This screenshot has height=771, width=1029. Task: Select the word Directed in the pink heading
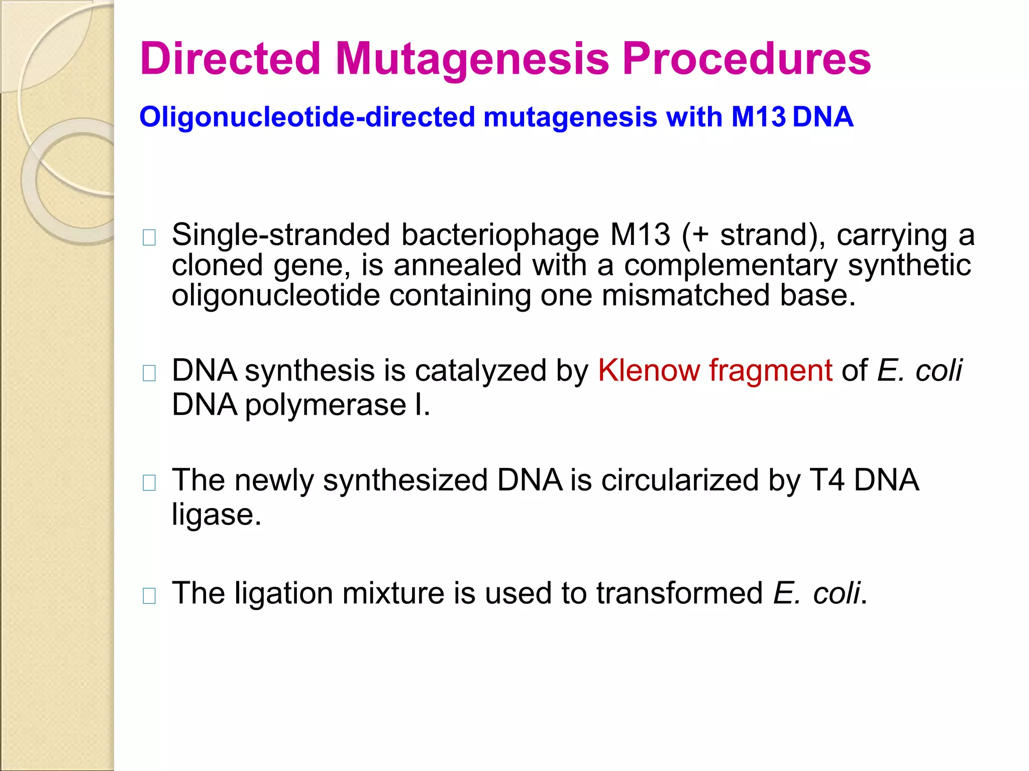[231, 59]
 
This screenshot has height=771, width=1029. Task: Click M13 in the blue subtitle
[758, 117]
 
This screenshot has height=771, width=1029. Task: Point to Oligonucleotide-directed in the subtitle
[307, 117]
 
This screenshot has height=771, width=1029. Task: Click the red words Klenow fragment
[714, 370]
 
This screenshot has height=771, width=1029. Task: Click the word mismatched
[685, 295]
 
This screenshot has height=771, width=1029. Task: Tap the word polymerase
[326, 405]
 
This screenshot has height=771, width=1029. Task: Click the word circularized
[679, 480]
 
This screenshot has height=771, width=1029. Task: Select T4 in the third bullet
[827, 480]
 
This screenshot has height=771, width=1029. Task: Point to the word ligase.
[217, 515]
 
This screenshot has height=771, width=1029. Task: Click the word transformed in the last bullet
[679, 593]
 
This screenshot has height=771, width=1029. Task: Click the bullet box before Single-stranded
[149, 237]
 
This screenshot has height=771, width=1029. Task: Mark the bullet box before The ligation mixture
[149, 596]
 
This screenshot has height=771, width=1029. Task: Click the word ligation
[284, 593]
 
